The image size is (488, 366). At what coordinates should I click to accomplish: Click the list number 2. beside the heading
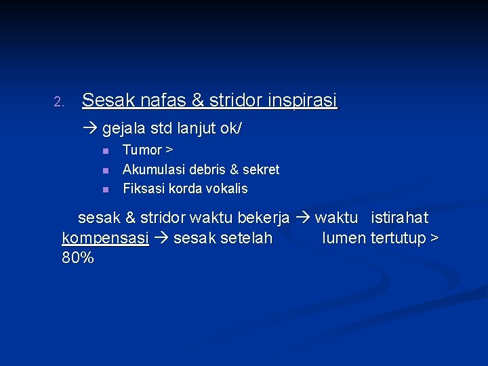pos(58,103)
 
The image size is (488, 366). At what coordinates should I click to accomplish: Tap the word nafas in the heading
pos(163,101)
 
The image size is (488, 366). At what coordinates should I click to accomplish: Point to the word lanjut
pos(195,127)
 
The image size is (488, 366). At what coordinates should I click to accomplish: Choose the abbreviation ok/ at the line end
pos(230,127)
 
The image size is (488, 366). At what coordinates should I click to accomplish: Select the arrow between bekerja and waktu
pos(302,218)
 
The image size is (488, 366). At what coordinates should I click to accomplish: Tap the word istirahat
pos(400,218)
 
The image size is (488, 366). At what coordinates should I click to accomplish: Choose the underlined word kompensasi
pos(105,239)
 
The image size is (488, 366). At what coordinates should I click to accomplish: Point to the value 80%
pos(77,258)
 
